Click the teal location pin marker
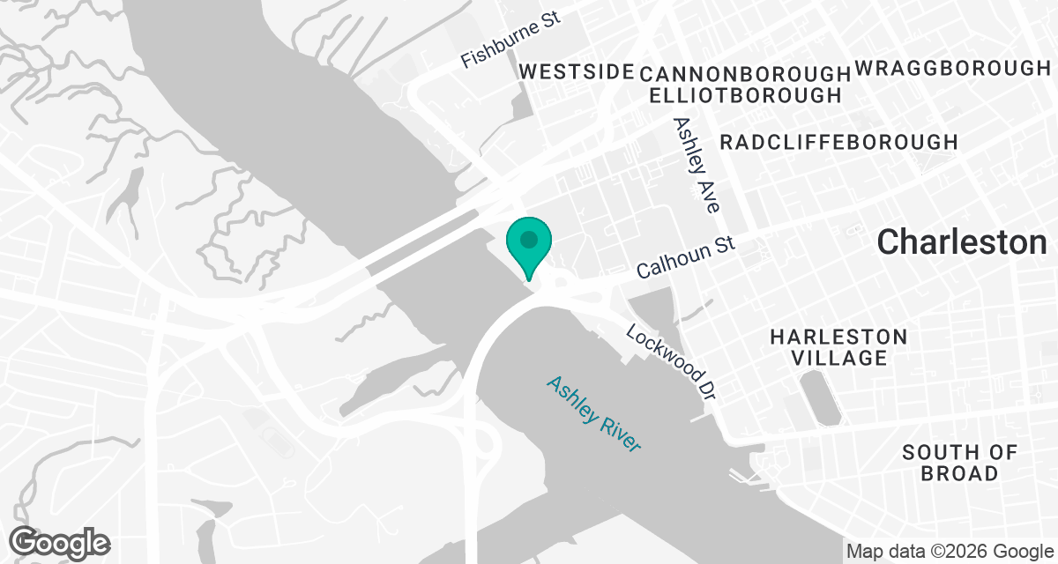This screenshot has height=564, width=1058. tap(528, 247)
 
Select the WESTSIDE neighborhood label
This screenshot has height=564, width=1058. tap(577, 71)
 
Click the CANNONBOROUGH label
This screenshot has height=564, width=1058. tap(744, 72)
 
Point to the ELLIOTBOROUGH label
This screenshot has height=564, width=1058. tap(744, 94)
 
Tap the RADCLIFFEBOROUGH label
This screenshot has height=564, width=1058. tap(838, 142)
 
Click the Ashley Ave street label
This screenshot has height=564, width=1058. tap(697, 165)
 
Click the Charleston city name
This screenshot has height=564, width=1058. tap(962, 242)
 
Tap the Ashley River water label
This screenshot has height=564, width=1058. tap(593, 413)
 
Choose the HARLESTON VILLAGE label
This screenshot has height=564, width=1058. tap(838, 347)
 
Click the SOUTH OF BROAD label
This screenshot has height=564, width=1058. tap(959, 463)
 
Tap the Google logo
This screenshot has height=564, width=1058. tap(60, 541)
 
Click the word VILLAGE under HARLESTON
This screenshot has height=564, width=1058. tap(838, 358)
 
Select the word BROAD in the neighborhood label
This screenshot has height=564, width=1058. tap(959, 473)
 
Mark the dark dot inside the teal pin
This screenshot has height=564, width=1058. tap(528, 239)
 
